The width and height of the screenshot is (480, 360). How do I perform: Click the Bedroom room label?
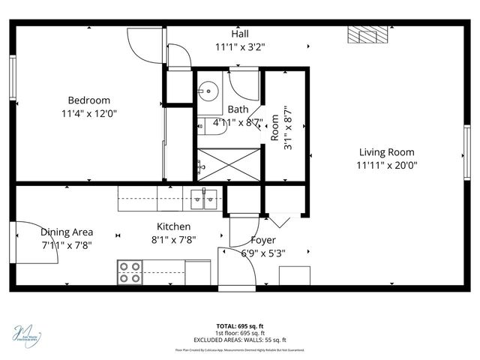88,100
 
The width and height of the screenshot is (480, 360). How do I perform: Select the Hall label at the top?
240,34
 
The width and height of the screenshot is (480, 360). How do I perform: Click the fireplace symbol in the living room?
367,34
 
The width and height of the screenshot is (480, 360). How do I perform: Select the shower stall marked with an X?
229,163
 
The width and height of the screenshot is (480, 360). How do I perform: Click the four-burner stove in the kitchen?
130,271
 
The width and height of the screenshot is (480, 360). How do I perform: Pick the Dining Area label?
67,232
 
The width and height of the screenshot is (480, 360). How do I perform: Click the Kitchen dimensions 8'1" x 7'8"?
173,240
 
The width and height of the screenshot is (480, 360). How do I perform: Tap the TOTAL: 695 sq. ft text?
240,326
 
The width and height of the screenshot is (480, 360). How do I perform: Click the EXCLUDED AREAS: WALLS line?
240,339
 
